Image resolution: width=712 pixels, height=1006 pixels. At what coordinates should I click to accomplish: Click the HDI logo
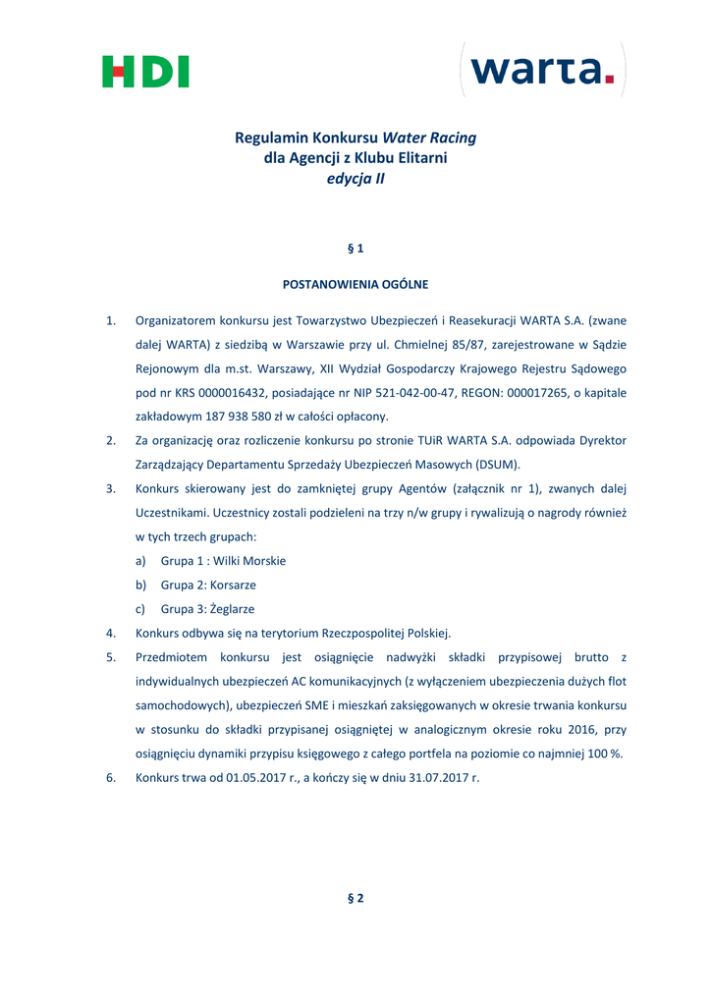coord(145,72)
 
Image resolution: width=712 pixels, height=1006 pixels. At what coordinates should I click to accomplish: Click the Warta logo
coord(542,70)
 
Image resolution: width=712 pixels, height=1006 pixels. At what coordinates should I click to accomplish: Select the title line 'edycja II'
coord(356,179)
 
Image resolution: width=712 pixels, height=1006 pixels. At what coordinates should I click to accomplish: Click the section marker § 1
coord(356,249)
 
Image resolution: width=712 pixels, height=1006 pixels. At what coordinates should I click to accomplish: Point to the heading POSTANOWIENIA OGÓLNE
coord(356,285)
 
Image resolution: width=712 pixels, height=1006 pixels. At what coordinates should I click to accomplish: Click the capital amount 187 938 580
coord(220,417)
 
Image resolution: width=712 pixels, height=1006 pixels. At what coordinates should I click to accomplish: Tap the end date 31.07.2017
coord(423,778)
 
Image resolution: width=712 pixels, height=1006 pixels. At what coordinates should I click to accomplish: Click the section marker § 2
coord(356,898)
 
